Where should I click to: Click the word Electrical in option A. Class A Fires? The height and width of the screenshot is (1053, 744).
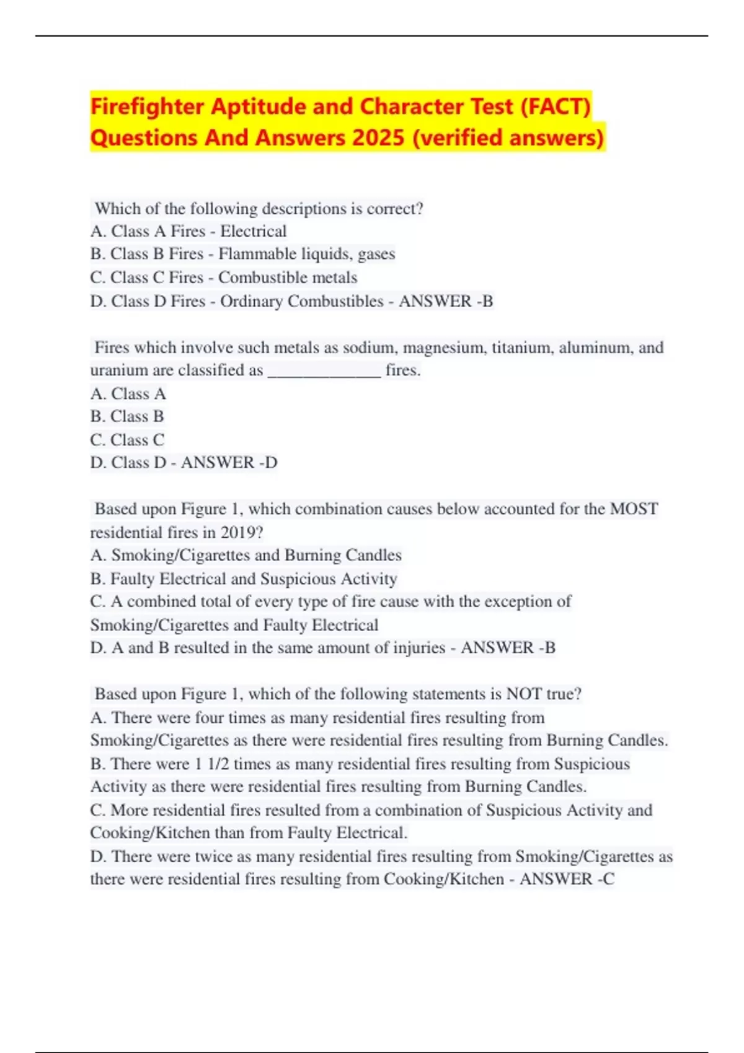pos(253,232)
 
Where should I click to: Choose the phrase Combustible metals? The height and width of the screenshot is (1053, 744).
pos(288,277)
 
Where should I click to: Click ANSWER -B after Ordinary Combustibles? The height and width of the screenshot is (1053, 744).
pos(446,301)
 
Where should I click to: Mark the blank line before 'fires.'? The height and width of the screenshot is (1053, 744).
pos(324,370)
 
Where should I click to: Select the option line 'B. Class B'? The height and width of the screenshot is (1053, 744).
pos(127,416)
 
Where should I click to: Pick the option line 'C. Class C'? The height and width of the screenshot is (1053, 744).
pos(127,440)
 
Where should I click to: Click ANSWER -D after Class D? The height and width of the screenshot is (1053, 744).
pos(229,463)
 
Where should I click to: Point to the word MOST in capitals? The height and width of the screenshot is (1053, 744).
pos(634,509)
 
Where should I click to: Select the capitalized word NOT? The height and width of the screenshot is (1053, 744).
pos(524,694)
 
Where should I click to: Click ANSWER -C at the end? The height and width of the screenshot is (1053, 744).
pos(567,880)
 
